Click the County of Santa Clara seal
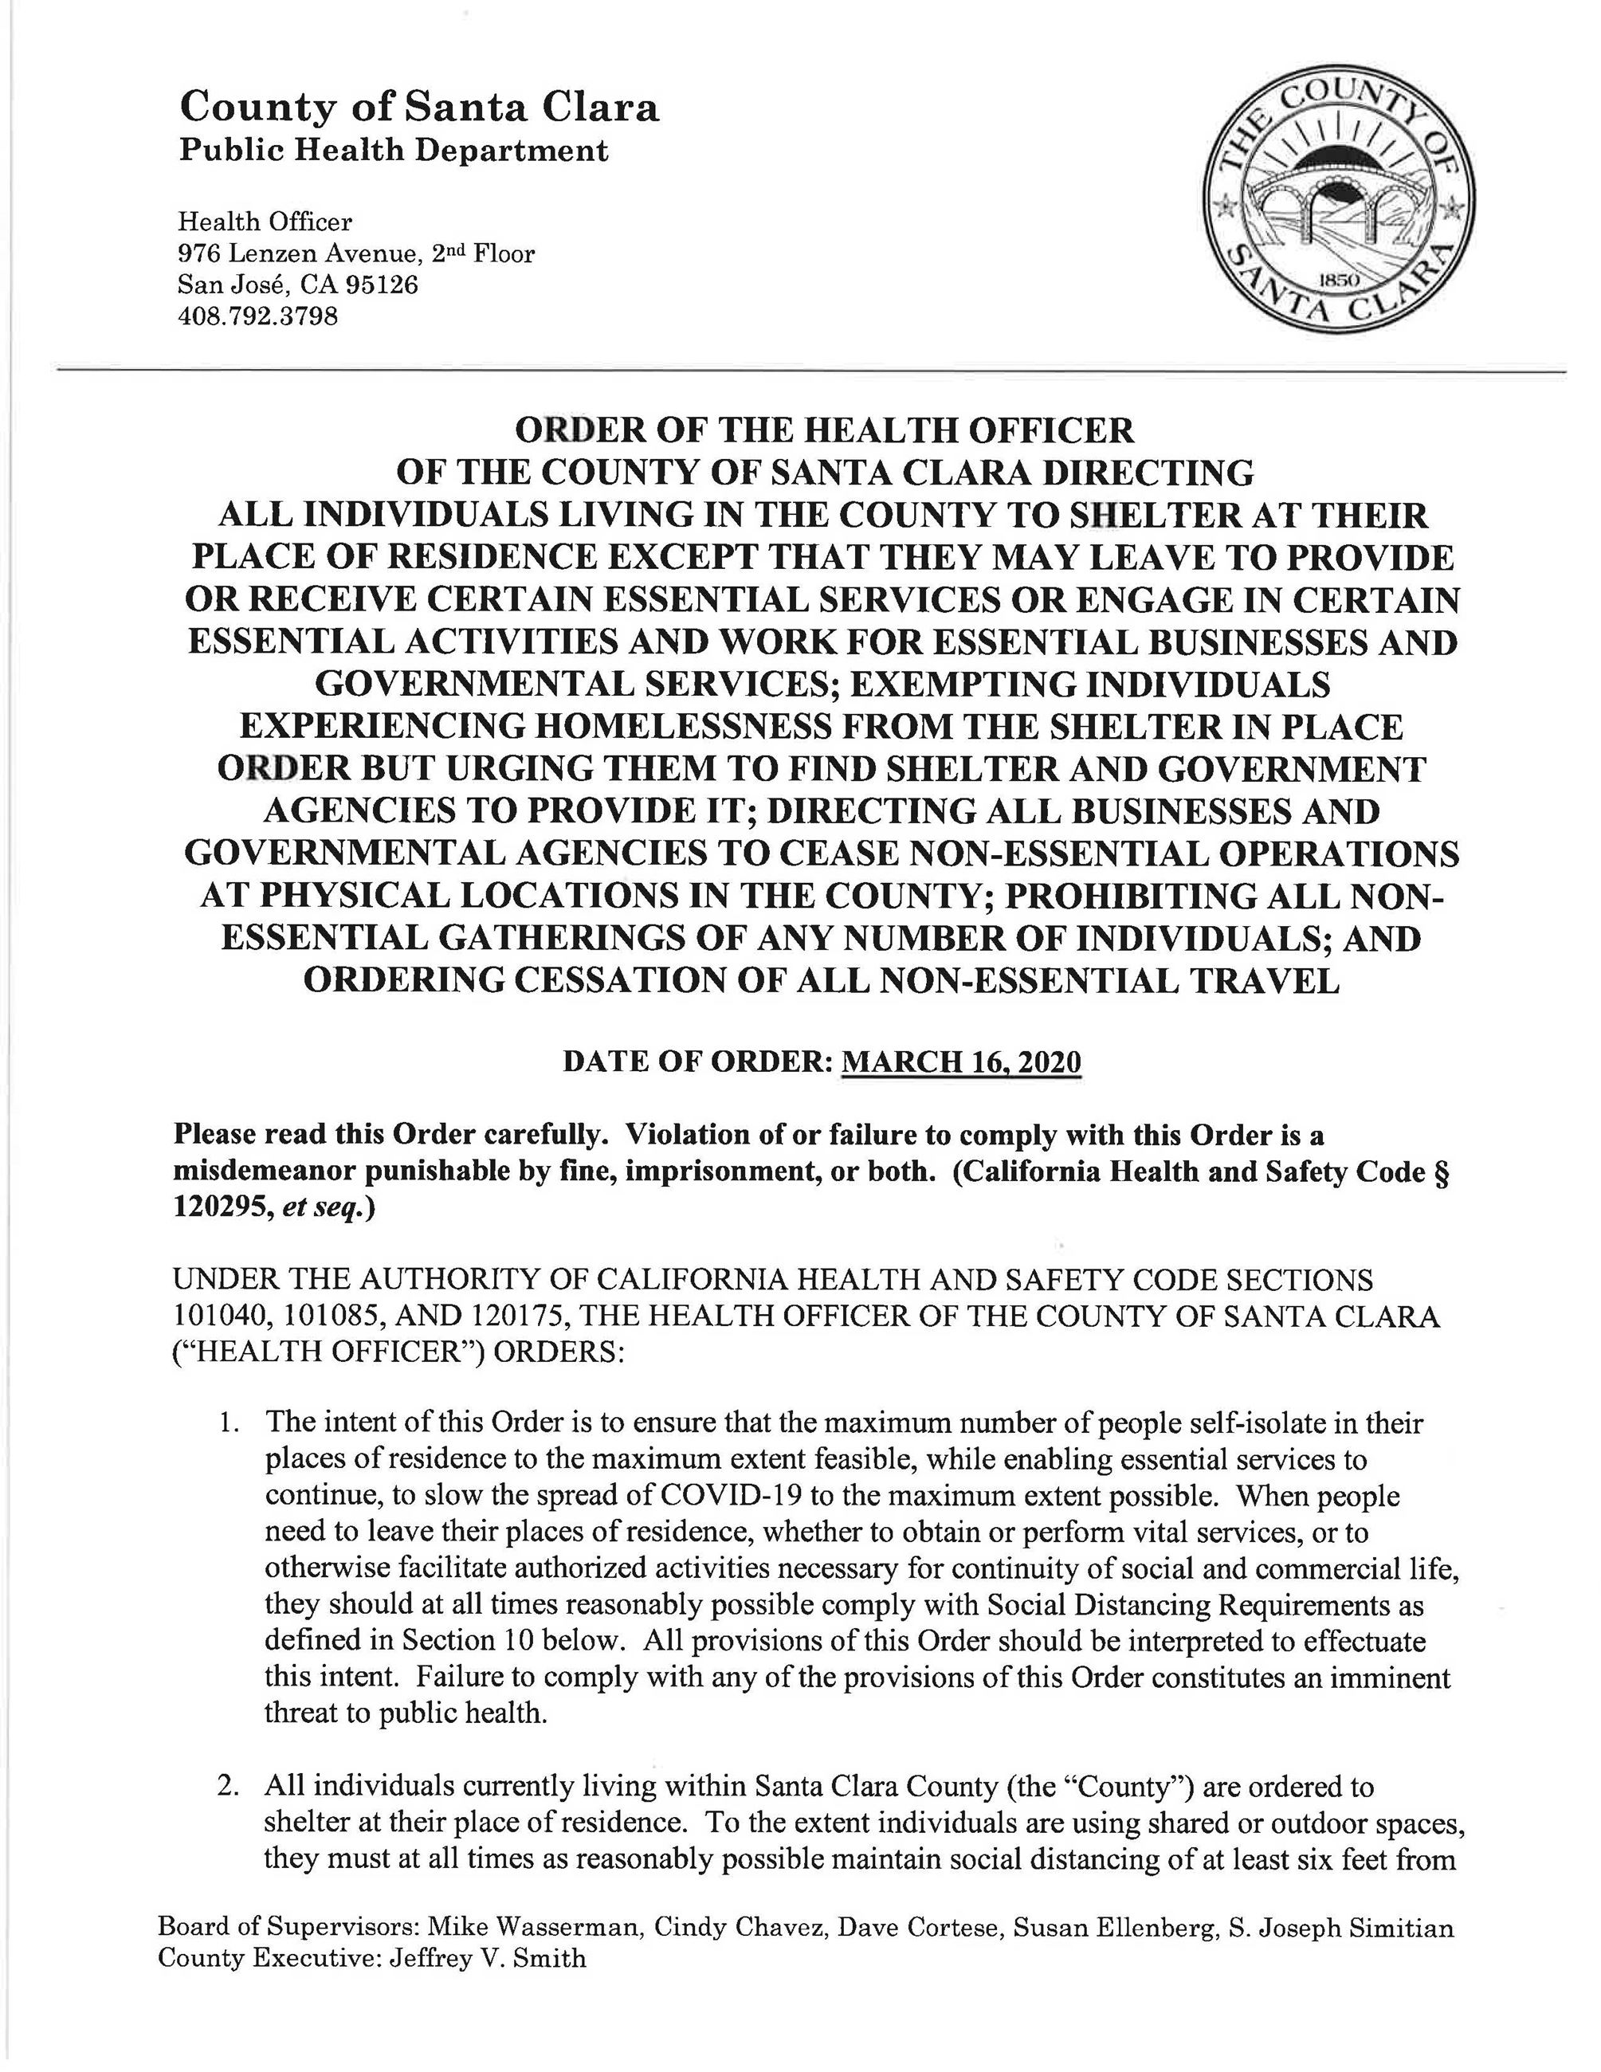pyautogui.click(x=1338, y=218)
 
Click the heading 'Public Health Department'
pyautogui.click(x=394, y=150)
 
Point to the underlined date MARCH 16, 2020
pyautogui.click(x=961, y=1061)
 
